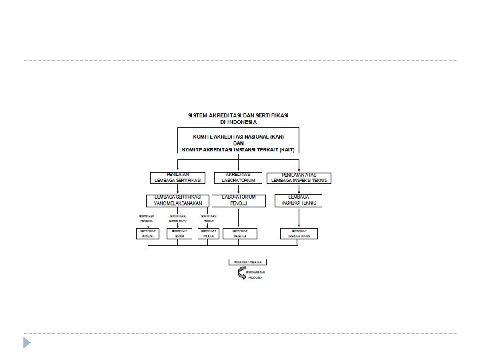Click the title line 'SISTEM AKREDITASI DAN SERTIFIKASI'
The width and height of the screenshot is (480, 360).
click(237, 115)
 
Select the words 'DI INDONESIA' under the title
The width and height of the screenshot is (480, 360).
click(237, 122)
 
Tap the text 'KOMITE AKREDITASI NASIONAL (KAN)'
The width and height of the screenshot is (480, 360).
click(239, 135)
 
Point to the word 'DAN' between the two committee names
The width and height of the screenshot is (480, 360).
click(239, 142)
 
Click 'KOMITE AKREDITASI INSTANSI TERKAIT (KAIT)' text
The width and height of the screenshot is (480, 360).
click(239, 149)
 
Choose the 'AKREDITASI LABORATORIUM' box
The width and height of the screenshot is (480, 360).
click(238, 177)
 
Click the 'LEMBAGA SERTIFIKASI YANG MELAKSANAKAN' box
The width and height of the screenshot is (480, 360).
click(178, 200)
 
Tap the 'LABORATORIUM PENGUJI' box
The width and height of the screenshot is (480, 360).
click(238, 200)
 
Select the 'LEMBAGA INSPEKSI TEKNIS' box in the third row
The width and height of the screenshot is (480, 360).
click(298, 200)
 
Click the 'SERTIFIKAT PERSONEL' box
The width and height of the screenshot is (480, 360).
click(147, 233)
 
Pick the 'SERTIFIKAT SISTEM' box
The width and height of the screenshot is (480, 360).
click(178, 233)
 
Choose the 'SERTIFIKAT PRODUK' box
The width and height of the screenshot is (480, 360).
click(209, 233)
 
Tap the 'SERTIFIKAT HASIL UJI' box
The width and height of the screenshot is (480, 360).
click(240, 233)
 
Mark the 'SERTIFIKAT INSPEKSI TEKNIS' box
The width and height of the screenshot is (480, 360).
click(298, 233)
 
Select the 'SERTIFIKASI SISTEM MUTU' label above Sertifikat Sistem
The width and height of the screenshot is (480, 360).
click(178, 219)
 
